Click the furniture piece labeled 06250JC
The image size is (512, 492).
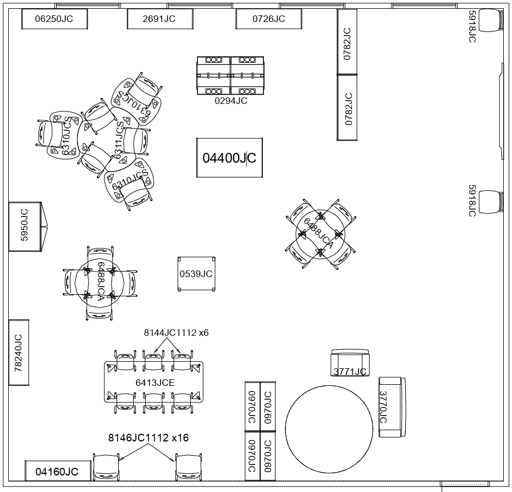click(x=54, y=19)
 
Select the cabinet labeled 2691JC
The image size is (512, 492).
click(x=159, y=19)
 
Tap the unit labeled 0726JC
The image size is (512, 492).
click(x=268, y=19)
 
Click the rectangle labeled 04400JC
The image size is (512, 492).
click(x=229, y=158)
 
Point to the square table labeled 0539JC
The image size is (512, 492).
click(x=196, y=274)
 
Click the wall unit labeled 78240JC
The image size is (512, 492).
click(x=19, y=352)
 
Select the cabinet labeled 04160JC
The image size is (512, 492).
click(x=57, y=471)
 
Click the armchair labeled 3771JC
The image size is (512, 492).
click(x=350, y=363)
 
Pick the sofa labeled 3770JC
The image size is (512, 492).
click(x=392, y=407)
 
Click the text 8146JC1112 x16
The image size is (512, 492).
click(x=148, y=438)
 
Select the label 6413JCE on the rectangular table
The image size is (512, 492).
click(x=155, y=382)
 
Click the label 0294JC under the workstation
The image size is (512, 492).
click(x=230, y=101)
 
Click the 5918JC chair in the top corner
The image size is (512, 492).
click(x=491, y=21)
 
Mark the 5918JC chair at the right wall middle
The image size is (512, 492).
click(x=491, y=202)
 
